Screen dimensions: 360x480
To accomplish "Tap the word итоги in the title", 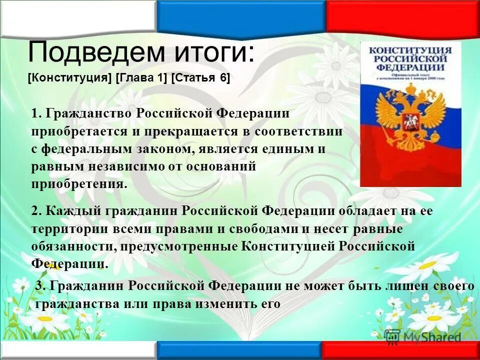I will (x=210, y=52).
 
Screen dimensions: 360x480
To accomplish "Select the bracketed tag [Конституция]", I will (x=69, y=78).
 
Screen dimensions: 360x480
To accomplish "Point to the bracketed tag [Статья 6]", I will (x=200, y=78).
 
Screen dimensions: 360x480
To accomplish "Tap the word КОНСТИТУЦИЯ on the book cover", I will (x=410, y=51).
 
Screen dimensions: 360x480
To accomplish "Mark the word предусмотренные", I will (x=173, y=246).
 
